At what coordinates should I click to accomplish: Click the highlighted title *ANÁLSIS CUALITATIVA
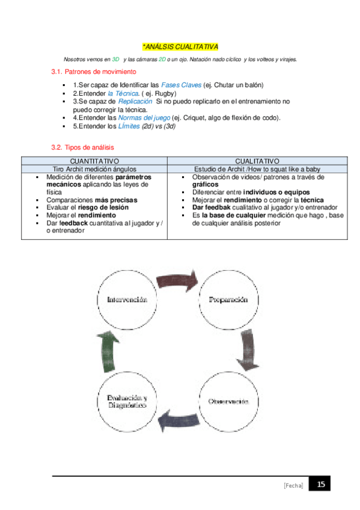tap(180, 46)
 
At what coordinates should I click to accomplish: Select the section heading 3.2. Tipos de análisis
tap(83, 147)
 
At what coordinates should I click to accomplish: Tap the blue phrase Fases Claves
tap(181, 85)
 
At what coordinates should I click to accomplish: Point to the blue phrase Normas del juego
tap(144, 118)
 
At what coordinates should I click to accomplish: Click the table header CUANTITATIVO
tap(94, 161)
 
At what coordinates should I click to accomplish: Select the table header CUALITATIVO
tap(257, 161)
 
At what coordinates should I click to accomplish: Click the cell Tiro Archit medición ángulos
tap(94, 169)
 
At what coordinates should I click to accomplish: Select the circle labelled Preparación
tap(228, 300)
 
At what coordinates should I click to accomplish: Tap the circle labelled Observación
tap(228, 401)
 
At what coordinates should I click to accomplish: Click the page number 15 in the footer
tap(320, 484)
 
